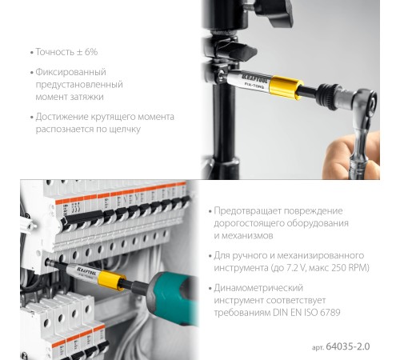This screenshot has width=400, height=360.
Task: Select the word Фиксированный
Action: (73, 72)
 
